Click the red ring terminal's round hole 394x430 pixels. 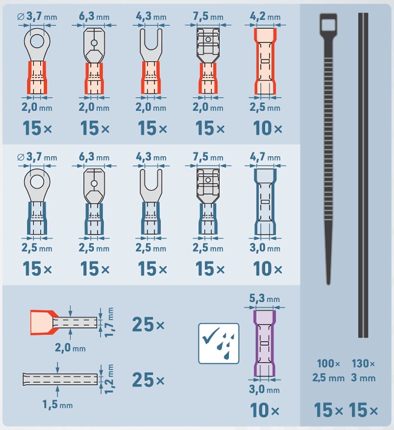[37, 41]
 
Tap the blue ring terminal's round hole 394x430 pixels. [37, 182]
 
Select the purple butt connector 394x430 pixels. [265, 343]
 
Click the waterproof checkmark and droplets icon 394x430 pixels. [219, 343]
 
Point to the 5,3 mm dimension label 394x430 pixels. [265, 298]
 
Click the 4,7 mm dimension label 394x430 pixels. [265, 157]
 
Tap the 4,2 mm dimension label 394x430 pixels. [265, 17]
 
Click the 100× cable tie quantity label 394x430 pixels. [328, 363]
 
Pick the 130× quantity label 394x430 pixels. [363, 363]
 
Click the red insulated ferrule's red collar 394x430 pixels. [43, 323]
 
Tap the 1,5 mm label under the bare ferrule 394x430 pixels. [58, 405]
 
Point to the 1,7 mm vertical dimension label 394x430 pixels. [109, 322]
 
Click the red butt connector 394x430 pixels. [265, 61]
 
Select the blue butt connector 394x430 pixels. [265, 202]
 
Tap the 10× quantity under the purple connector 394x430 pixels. [265, 410]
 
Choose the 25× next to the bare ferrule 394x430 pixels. [148, 380]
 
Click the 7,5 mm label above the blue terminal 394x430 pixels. [208, 157]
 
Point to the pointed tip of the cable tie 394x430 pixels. [328, 284]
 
